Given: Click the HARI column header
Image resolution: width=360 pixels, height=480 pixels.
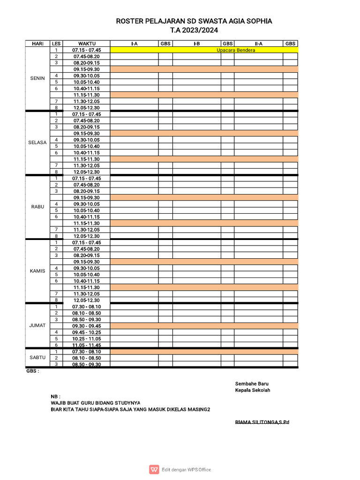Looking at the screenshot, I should pos(37,44).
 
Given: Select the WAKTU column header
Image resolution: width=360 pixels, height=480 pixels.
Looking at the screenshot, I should pos(87,44).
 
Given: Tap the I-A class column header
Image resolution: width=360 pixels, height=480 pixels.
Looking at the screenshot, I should pos(134,44).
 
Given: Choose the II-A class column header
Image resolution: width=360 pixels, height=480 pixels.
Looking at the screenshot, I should pos(258,44).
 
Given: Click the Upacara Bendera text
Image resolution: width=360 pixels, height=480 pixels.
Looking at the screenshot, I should pos(236,50).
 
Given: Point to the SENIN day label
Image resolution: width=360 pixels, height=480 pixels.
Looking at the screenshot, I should pos(37,78).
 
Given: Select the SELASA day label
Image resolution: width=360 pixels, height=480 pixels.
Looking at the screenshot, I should pos(37,142).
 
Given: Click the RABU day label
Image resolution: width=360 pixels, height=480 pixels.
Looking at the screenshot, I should pos(37,207).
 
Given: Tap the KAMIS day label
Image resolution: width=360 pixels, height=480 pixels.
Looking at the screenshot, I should pos(37,271).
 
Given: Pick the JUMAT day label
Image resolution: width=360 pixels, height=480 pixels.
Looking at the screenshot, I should pos(37,325).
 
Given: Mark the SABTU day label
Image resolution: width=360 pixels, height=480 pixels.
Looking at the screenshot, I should pos(37,357).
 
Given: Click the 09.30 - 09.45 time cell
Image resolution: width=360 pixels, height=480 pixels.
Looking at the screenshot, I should pos(87,326).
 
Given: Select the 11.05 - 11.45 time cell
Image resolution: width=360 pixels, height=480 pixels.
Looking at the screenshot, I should pos(87,345).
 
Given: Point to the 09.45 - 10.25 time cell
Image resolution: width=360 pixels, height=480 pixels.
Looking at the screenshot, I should pos(87,332).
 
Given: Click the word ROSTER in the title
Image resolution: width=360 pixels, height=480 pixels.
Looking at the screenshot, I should pos(128,21).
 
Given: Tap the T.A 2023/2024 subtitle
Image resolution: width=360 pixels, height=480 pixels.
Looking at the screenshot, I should pos(194,30).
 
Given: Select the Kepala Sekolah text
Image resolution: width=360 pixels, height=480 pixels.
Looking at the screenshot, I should pos(253,390).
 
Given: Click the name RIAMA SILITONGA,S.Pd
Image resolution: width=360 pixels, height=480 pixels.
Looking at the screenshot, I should pos(262,422).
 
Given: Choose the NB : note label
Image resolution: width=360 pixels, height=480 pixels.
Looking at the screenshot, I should pos(55,396).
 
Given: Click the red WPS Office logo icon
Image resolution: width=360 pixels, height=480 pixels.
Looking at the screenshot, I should pos(154,469).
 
